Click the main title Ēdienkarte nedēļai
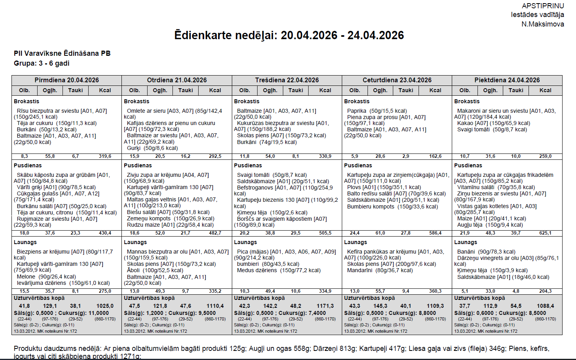pyautogui.click(x=289, y=35)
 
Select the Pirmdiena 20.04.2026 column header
pyautogui.click(x=66, y=80)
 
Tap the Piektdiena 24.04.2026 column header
pyautogui.click(x=507, y=80)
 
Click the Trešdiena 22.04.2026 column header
pyautogui.click(x=287, y=80)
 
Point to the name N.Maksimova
pyautogui.click(x=542, y=24)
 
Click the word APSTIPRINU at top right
pyautogui.click(x=543, y=6)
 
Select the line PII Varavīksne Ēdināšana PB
pyautogui.click(x=62, y=53)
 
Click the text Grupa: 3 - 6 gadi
pyautogui.click(x=42, y=63)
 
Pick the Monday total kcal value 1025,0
pyautogui.click(x=105, y=306)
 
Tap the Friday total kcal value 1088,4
pyautogui.click(x=545, y=306)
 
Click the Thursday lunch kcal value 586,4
pyautogui.click(x=435, y=233)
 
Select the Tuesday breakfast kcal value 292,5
pyautogui.click(x=215, y=156)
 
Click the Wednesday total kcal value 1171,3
pyautogui.click(x=325, y=306)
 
